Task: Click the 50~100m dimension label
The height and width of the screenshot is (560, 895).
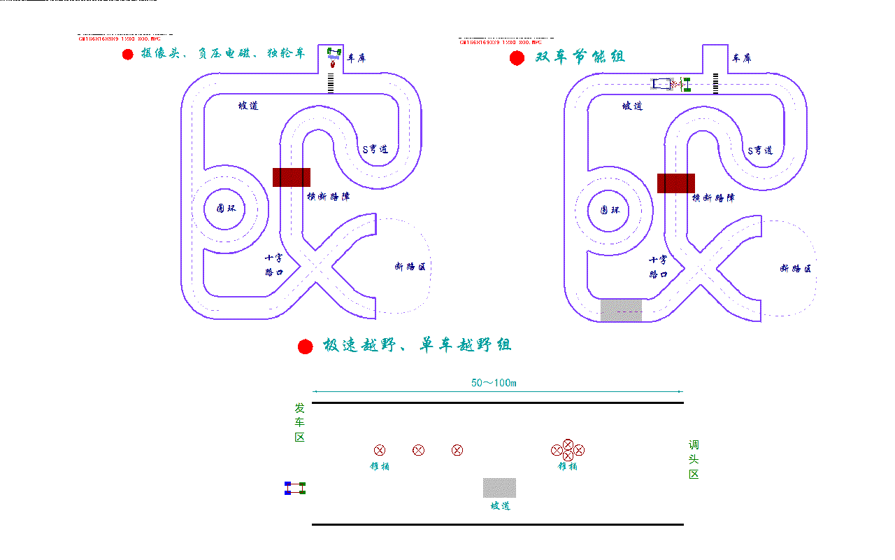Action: coord(494,383)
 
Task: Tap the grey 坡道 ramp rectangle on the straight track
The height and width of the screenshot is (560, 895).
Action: coord(499,488)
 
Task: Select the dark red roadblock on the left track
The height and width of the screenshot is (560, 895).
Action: coord(292,177)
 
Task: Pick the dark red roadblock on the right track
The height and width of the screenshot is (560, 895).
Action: coord(676,183)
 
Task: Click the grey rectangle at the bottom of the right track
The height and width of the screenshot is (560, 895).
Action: coord(621,310)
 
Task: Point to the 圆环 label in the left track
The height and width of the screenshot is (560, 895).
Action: coord(226,209)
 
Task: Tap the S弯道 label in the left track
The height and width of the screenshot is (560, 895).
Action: coord(375,149)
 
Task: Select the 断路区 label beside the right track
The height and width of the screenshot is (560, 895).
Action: coord(796,268)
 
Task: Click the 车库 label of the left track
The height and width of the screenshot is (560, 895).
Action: coord(357,58)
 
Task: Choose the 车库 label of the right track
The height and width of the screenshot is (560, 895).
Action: coord(741,58)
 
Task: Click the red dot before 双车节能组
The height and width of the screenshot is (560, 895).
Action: coord(517,58)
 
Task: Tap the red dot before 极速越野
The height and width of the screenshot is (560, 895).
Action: coord(306,346)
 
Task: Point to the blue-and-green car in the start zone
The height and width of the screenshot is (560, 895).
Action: coord(295,489)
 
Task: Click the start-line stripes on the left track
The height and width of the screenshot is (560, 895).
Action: coord(331,83)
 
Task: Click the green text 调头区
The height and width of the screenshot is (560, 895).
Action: coord(694,460)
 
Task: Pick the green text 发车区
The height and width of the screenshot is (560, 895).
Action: coord(299,423)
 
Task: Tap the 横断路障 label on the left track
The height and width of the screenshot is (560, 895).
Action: coord(329,197)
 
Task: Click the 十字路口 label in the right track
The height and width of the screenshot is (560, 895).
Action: coord(658,267)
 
